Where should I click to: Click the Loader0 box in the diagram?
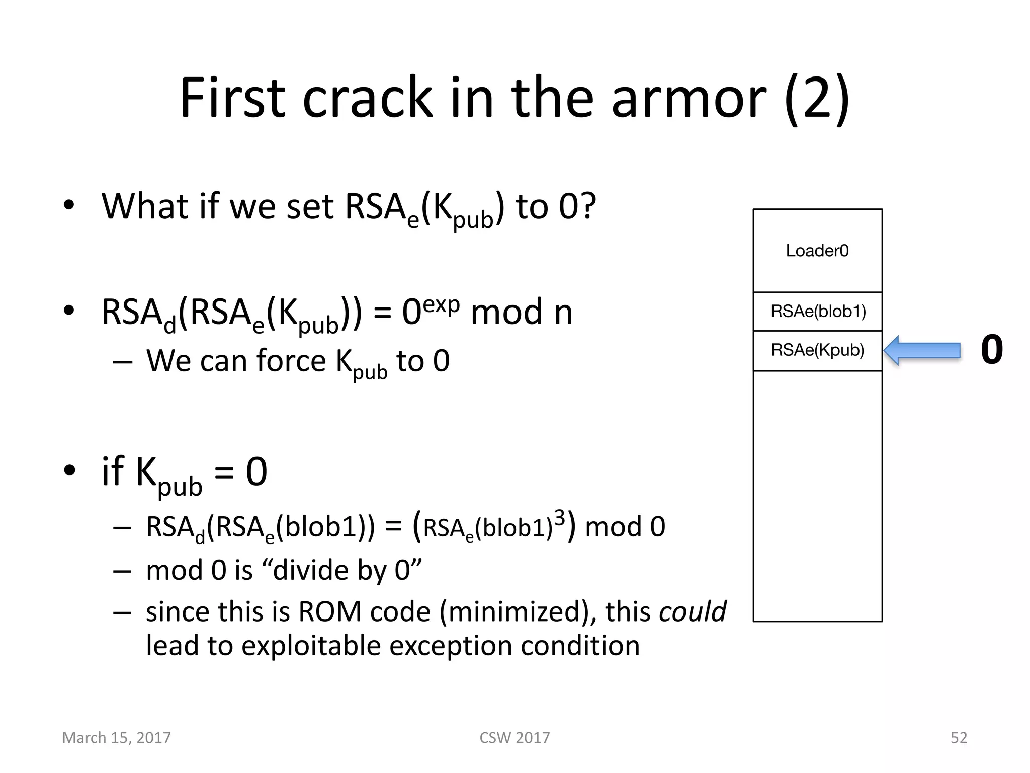coord(817,251)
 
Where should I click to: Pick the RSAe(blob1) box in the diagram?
coord(818,312)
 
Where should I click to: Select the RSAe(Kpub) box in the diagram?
coord(818,350)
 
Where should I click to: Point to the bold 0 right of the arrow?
coord(992,350)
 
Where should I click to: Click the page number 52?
coord(959,738)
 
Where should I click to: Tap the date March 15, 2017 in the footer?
coord(116,738)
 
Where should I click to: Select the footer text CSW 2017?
coord(514,738)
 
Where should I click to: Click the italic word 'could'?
coord(693,612)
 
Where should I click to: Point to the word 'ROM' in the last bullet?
coord(329,612)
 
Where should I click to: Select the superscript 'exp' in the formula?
coord(441,304)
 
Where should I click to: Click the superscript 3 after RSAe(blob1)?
coord(559,518)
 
